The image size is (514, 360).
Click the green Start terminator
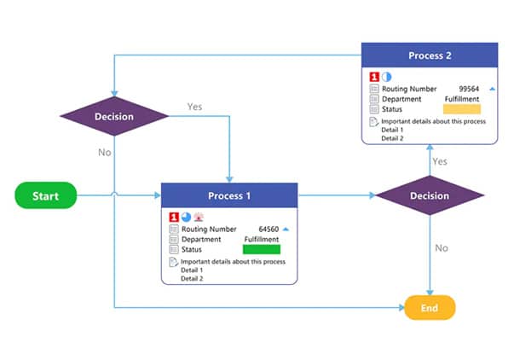tap(45, 196)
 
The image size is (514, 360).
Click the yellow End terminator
tap(430, 307)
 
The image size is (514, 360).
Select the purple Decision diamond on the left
tap(113, 117)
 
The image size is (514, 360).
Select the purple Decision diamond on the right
tap(429, 195)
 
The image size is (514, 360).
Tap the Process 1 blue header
tap(229, 195)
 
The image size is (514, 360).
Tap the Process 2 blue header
tap(429, 56)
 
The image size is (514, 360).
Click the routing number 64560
tap(269, 229)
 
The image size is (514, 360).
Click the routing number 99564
tap(470, 89)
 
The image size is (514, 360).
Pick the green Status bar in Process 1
tap(262, 249)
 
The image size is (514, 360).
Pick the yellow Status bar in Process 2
tap(462, 109)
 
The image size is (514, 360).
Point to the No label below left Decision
tap(104, 153)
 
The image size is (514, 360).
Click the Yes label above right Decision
tap(440, 161)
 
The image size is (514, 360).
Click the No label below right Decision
tap(442, 248)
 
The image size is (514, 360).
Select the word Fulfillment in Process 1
tap(262, 239)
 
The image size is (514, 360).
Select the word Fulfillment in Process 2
tap(462, 99)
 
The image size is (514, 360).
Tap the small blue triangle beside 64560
tap(286, 229)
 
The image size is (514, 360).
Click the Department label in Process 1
tap(202, 239)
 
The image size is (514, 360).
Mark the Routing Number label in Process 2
tap(409, 89)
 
